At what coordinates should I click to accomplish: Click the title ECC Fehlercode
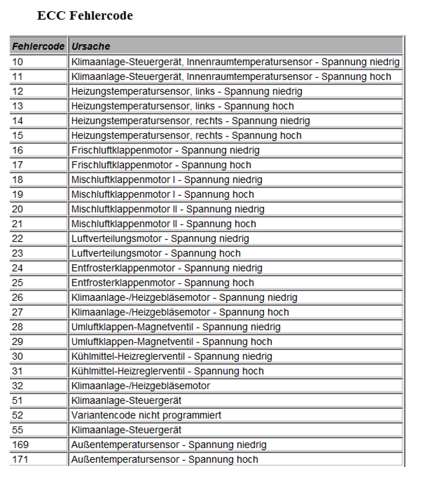(85, 16)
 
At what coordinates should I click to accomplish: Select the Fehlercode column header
(38, 46)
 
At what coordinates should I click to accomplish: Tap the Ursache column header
(90, 46)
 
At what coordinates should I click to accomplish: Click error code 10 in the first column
(17, 62)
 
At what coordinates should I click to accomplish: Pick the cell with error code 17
(17, 165)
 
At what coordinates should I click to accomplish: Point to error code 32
(17, 386)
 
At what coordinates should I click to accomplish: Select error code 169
(20, 445)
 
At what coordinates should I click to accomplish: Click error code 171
(20, 459)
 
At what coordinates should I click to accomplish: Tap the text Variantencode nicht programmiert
(146, 415)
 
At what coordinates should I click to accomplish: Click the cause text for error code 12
(187, 91)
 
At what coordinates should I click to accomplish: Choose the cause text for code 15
(186, 135)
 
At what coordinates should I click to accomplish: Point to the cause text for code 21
(164, 224)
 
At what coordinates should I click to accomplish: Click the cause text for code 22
(160, 239)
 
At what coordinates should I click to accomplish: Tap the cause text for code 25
(163, 283)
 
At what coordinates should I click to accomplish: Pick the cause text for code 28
(176, 327)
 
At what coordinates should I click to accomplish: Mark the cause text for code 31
(168, 371)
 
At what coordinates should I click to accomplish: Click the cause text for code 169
(169, 445)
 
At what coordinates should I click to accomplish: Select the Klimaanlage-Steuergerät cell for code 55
(126, 430)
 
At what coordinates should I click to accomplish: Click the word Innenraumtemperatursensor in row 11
(250, 77)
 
